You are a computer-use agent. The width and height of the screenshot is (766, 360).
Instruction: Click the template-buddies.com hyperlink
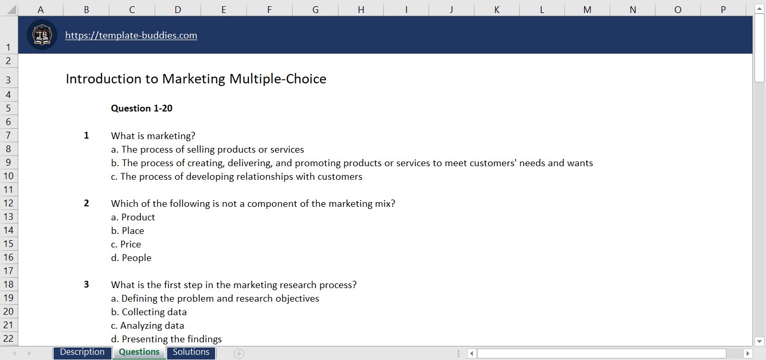tap(131, 35)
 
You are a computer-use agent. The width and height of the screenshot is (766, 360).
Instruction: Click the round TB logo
tap(42, 35)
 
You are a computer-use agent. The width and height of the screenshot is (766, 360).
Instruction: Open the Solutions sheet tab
tap(191, 352)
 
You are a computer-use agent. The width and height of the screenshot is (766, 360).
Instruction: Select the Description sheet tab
tap(82, 352)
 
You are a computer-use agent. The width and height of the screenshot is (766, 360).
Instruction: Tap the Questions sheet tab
tap(139, 352)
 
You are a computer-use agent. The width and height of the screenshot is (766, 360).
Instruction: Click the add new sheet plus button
tap(239, 354)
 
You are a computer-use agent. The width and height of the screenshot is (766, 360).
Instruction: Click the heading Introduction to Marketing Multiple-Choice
tap(196, 79)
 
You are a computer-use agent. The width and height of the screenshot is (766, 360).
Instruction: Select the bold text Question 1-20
tap(142, 108)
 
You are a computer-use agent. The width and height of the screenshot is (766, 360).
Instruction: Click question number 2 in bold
tap(86, 203)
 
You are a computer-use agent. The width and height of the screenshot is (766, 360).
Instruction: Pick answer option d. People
tap(131, 258)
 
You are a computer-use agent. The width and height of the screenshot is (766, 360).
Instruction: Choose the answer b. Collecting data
tap(149, 312)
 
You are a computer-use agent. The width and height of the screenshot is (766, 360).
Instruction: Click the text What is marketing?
tap(153, 136)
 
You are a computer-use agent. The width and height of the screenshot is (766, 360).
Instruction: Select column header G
tap(315, 9)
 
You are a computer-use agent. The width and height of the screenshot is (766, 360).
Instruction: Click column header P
tap(723, 9)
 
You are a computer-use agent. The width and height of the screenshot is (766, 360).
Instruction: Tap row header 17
tap(8, 271)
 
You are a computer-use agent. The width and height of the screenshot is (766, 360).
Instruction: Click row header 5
tap(8, 108)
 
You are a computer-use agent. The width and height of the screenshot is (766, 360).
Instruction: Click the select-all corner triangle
tap(10, 9)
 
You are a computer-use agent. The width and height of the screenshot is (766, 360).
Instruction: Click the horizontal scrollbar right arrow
tap(748, 354)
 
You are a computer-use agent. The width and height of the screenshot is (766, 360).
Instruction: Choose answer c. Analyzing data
tap(147, 326)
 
